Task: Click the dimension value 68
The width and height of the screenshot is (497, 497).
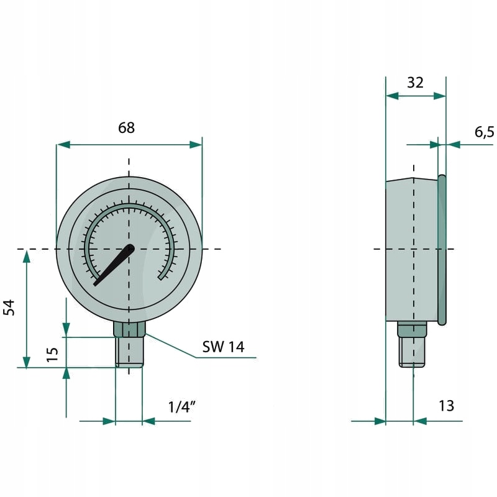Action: point(126,128)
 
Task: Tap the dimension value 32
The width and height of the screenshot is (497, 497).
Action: point(415,83)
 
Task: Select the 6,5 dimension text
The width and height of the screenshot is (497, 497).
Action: point(484,132)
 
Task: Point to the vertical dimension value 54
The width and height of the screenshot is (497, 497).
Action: point(9,307)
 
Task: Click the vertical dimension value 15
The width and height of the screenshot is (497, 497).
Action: point(53,354)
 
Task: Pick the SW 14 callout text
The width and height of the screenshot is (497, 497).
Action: point(224,347)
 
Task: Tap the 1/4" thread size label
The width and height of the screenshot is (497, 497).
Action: point(181,407)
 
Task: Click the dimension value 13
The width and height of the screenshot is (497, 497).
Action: point(446,406)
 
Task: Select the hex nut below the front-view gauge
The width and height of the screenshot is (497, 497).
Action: point(129,329)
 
